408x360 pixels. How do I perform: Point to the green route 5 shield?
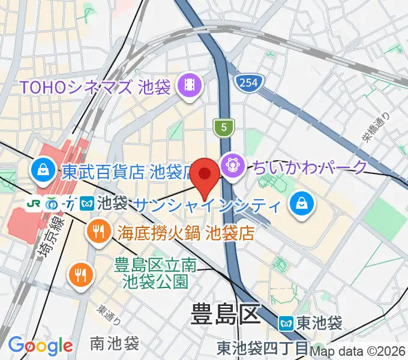point(223,127)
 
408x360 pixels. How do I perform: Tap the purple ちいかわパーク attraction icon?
point(231,163)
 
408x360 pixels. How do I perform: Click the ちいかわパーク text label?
point(310,166)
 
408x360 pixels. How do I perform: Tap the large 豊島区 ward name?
point(224,313)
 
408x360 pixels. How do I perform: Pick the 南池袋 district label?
point(114,343)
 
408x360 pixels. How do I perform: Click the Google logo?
point(40,346)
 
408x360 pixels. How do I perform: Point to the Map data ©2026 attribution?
point(358,352)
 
